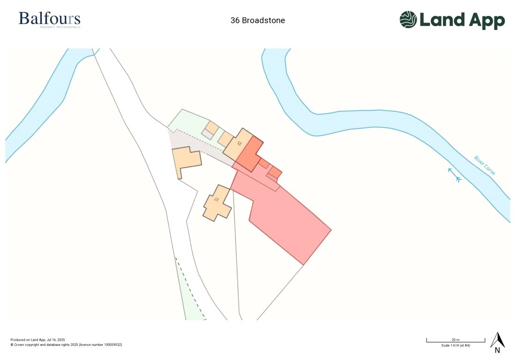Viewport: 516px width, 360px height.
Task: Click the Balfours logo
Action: click(x=49, y=19)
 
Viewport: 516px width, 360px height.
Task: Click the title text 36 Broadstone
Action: click(x=258, y=21)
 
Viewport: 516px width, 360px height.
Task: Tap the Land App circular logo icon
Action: click(x=408, y=20)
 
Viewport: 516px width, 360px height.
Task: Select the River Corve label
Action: click(x=485, y=165)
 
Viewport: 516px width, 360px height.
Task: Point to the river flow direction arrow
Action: click(x=454, y=175)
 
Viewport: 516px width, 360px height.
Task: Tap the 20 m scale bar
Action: click(x=455, y=341)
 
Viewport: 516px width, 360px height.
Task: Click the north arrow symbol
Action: click(x=497, y=339)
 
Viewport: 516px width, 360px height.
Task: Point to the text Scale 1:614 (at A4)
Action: click(x=456, y=345)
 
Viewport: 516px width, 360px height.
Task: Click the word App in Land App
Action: click(x=485, y=21)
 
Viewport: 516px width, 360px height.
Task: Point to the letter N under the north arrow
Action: click(x=497, y=350)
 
